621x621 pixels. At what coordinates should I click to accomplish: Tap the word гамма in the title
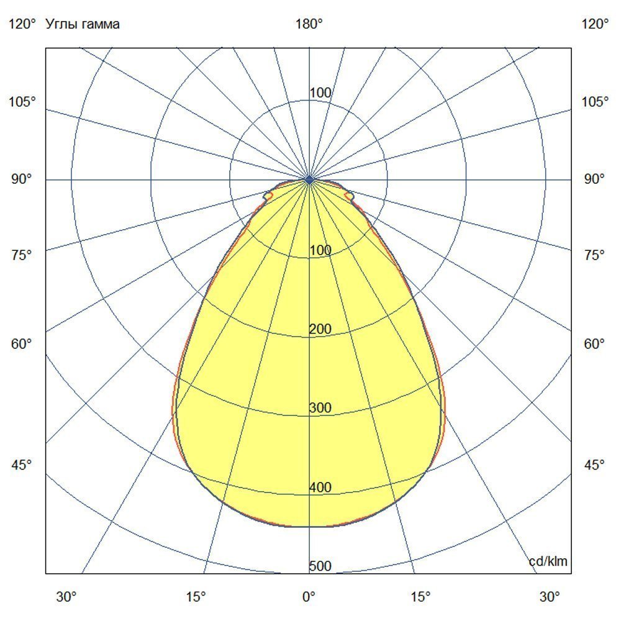(x=100, y=24)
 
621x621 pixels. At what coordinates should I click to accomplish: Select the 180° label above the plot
(x=309, y=24)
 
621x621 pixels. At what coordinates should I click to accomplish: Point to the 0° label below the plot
(x=309, y=597)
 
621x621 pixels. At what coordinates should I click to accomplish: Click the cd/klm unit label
(x=548, y=562)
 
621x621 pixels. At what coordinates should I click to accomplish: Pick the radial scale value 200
(x=320, y=329)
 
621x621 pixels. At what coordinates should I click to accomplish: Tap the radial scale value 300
(x=320, y=408)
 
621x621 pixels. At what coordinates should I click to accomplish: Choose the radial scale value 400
(x=320, y=487)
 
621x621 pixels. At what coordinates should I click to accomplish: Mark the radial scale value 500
(x=320, y=566)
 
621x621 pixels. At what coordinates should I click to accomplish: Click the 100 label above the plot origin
(x=320, y=93)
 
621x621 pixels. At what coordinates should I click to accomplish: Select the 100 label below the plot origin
(x=320, y=250)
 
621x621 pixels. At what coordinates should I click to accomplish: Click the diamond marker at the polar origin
(x=309, y=179)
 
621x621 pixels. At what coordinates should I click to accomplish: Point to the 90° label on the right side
(x=595, y=179)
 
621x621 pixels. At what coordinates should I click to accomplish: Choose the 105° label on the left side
(x=22, y=101)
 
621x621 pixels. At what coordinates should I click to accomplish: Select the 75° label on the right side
(x=595, y=255)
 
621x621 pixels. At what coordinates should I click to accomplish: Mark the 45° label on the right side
(x=595, y=465)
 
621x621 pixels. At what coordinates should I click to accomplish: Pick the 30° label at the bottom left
(x=67, y=597)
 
